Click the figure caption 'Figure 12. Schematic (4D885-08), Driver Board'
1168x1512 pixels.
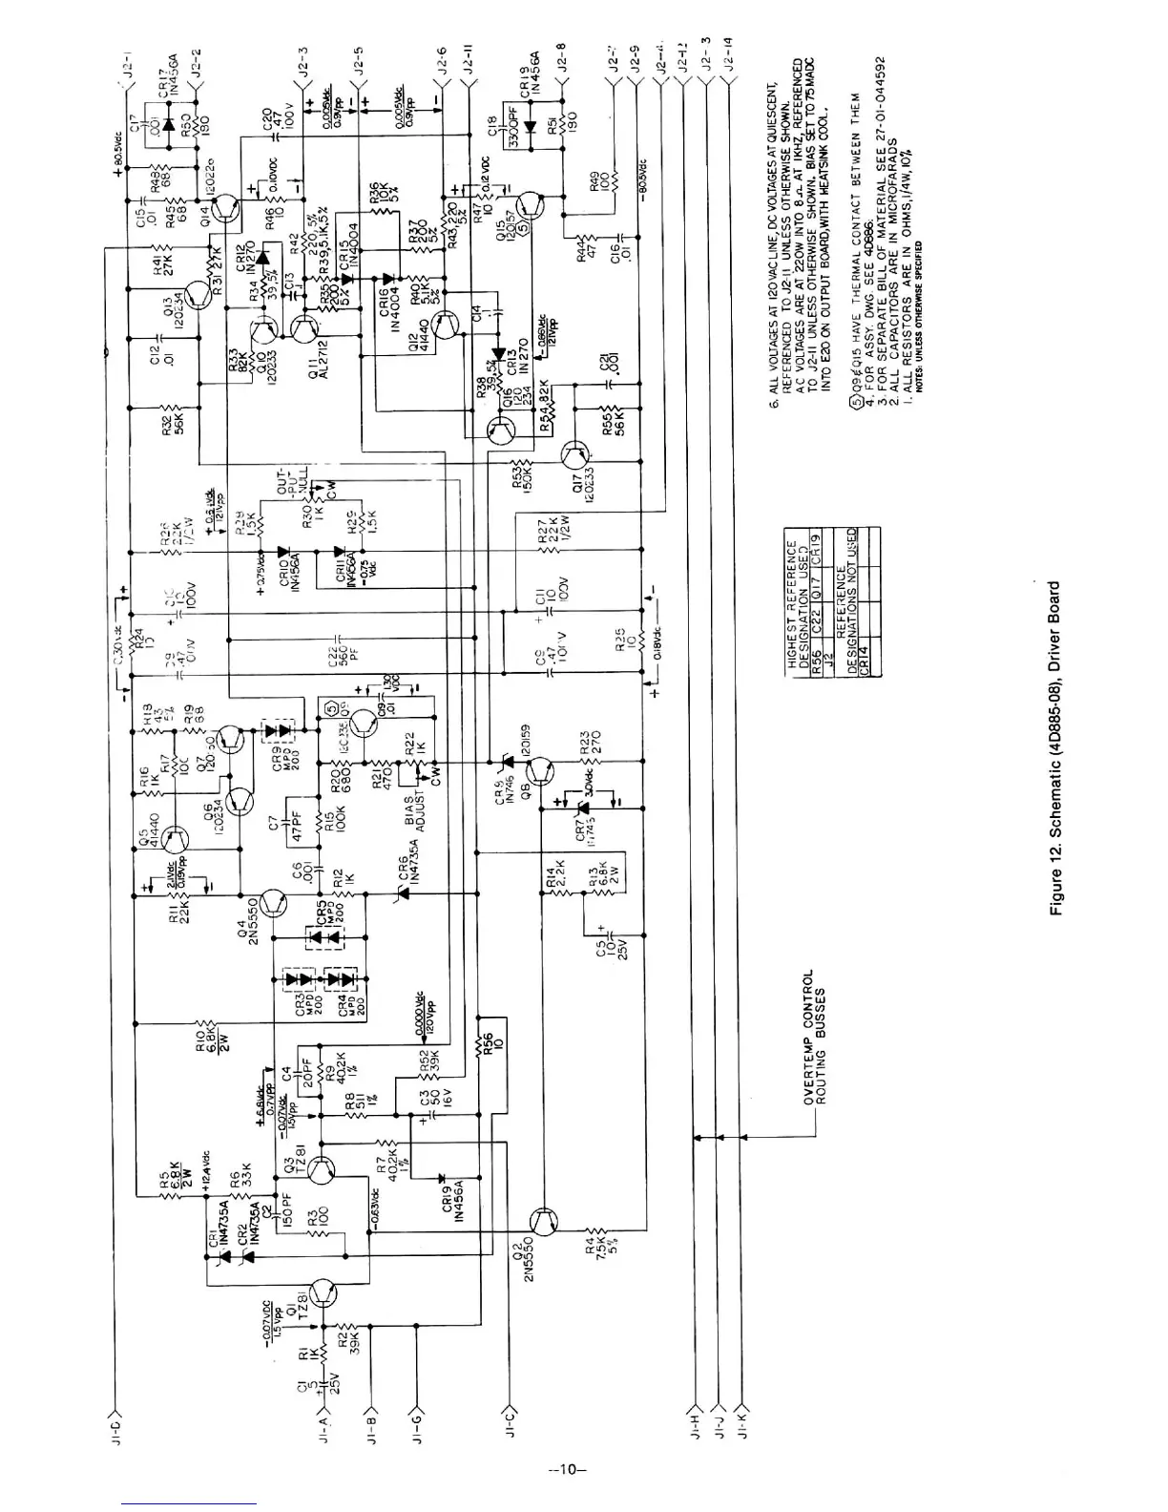pyautogui.click(x=1056, y=748)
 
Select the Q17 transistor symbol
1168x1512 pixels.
pyautogui.click(x=577, y=453)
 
